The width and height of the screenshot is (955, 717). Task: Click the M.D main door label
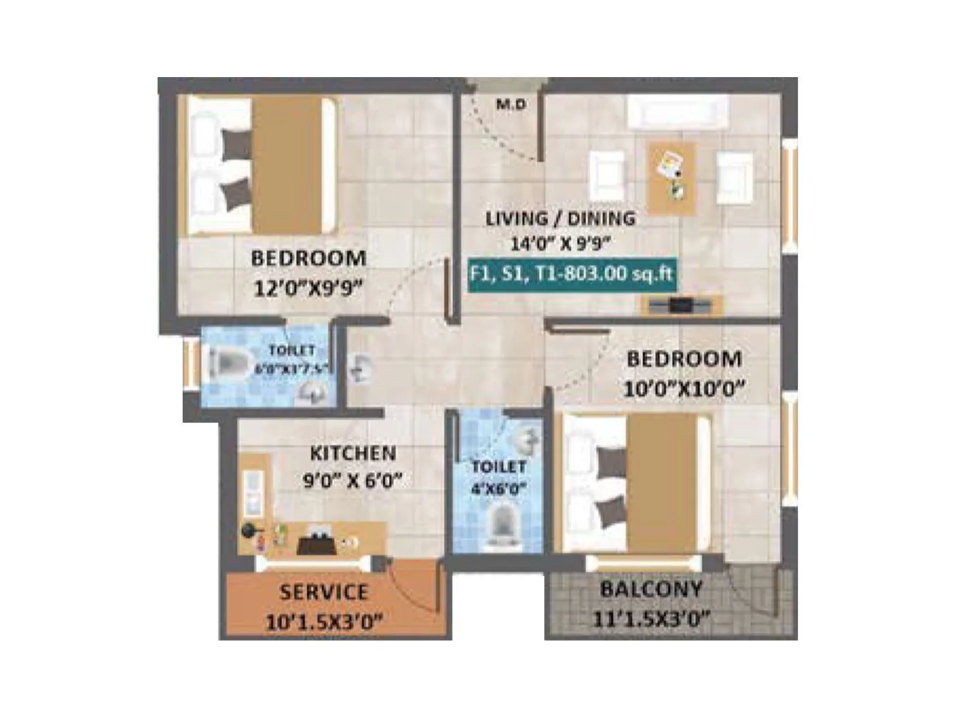click(512, 105)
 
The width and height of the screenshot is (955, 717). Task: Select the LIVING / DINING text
click(560, 219)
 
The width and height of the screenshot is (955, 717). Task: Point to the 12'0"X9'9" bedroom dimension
click(308, 289)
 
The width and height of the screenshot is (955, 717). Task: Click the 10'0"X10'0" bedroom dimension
click(684, 389)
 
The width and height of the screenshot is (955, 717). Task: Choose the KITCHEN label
click(353, 454)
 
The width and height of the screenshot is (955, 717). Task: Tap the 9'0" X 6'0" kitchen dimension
click(353, 480)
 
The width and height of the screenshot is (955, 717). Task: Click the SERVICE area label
click(324, 592)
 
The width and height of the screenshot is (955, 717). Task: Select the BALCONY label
click(651, 590)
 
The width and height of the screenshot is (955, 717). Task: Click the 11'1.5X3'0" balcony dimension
click(651, 618)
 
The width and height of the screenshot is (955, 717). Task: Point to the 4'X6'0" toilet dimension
click(498, 489)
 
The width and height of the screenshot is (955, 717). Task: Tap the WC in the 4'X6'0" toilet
click(502, 525)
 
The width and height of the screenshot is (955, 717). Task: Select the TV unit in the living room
click(681, 305)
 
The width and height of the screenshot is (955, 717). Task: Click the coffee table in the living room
click(672, 178)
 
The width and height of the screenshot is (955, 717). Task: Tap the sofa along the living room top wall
click(677, 112)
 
